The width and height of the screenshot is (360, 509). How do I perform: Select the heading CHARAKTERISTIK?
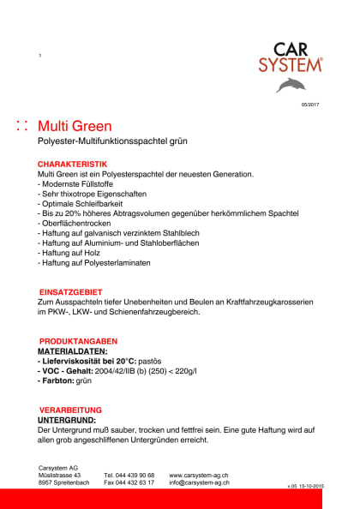(x=73, y=164)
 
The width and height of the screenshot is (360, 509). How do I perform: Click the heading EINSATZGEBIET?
(x=70, y=292)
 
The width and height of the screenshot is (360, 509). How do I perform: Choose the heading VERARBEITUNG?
(x=70, y=410)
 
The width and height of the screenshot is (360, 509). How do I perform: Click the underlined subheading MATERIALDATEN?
(x=73, y=351)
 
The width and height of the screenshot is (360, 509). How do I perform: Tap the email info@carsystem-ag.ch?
(x=199, y=482)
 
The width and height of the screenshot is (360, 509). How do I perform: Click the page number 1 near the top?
(x=40, y=56)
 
